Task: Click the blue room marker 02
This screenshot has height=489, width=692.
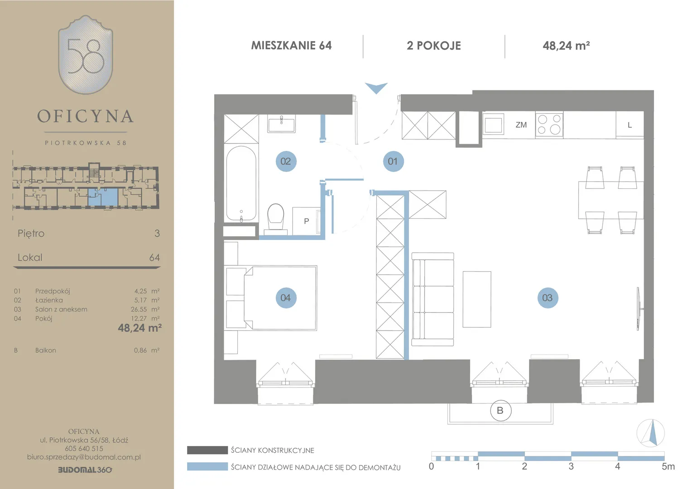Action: pos(286,161)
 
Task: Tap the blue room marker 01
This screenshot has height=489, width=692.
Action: pos(393,161)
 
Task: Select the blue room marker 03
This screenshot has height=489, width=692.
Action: pos(548,298)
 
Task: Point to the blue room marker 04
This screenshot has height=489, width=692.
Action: pos(286,298)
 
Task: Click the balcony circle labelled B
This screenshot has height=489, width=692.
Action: pos(500,411)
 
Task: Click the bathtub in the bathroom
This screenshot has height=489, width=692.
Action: pos(241,183)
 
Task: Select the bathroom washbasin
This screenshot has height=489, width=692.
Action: pos(281,124)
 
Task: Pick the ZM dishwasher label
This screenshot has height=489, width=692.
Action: pos(521,125)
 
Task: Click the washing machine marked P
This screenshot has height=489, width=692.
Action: pos(306,221)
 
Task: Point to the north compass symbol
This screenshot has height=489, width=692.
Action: pos(651,433)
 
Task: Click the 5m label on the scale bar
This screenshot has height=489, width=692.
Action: pos(668,466)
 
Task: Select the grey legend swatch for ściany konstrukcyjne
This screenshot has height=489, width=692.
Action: pos(207,450)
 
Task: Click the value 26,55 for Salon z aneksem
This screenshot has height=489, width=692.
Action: pos(139,309)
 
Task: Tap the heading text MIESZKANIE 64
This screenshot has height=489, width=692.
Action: pos(291,46)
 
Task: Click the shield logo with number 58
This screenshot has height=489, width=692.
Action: pos(86,55)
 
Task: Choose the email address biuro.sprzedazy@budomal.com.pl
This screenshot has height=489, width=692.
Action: pos(84,457)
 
